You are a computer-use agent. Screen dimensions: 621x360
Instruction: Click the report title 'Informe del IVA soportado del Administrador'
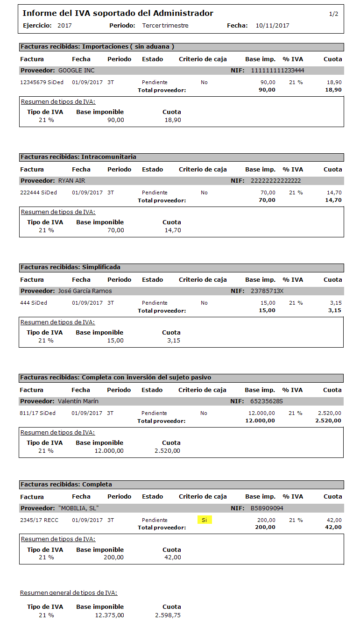pyautogui.click(x=118, y=14)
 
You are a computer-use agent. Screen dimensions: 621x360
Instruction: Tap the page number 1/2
pyautogui.click(x=333, y=14)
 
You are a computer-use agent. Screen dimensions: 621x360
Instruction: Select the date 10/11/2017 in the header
pyautogui.click(x=272, y=26)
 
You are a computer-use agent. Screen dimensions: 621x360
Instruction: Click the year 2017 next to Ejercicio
pyautogui.click(x=64, y=26)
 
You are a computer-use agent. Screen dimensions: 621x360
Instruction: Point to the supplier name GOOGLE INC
pyautogui.click(x=76, y=71)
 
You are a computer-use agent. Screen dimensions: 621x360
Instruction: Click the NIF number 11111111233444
pyautogui.click(x=277, y=71)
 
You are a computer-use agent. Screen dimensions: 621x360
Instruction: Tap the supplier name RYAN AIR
pyautogui.click(x=71, y=181)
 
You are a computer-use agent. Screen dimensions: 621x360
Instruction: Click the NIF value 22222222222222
pyautogui.click(x=276, y=181)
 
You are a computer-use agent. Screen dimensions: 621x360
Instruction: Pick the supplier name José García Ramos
pyautogui.click(x=85, y=291)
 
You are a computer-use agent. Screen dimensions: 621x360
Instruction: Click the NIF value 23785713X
pyautogui.click(x=267, y=291)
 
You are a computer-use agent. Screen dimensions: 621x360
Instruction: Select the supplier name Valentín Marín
pyautogui.click(x=78, y=401)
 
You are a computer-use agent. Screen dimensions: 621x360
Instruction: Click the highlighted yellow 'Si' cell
pyautogui.click(x=205, y=520)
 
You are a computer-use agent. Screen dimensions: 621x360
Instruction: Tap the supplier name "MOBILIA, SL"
pyautogui.click(x=78, y=508)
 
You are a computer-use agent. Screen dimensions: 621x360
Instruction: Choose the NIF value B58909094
pyautogui.click(x=267, y=508)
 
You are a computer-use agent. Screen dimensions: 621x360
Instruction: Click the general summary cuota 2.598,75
pyautogui.click(x=168, y=615)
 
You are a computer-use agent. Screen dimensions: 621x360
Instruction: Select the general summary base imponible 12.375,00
pyautogui.click(x=109, y=615)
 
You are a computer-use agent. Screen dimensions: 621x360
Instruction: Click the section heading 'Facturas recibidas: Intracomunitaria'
pyautogui.click(x=78, y=157)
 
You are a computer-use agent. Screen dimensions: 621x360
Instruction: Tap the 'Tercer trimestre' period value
pyautogui.click(x=165, y=26)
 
